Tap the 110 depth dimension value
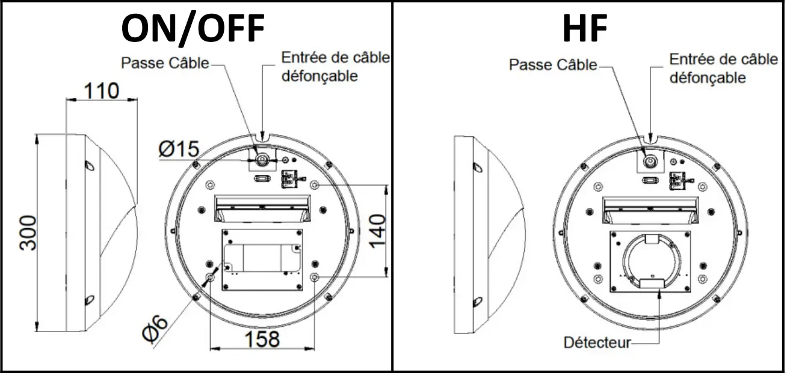pos(101,91)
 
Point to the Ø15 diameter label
pos(179,149)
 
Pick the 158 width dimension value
pos(262,339)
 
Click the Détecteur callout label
pos(596,343)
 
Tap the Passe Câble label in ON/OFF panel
pos(165,62)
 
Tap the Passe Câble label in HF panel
pos(553,64)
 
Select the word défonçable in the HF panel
pos(708,77)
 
